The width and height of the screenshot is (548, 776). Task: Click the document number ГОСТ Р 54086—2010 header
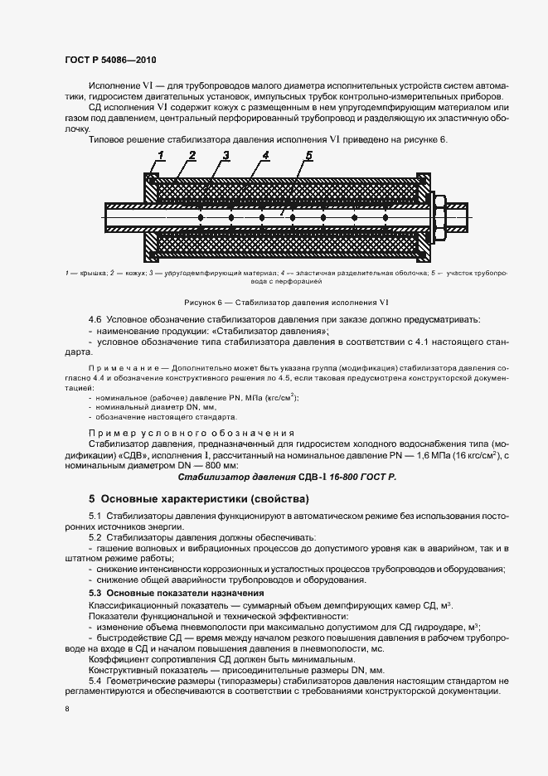[x=109, y=61]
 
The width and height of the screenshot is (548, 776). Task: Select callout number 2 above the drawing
[x=192, y=156]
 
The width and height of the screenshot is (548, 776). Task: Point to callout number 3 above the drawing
[x=226, y=156]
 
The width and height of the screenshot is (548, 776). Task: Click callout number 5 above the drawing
[x=308, y=156]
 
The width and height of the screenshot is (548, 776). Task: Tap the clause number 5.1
[x=96, y=517]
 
